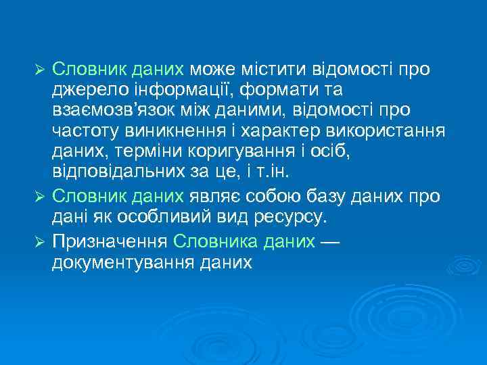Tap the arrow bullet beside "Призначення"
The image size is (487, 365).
39,242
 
